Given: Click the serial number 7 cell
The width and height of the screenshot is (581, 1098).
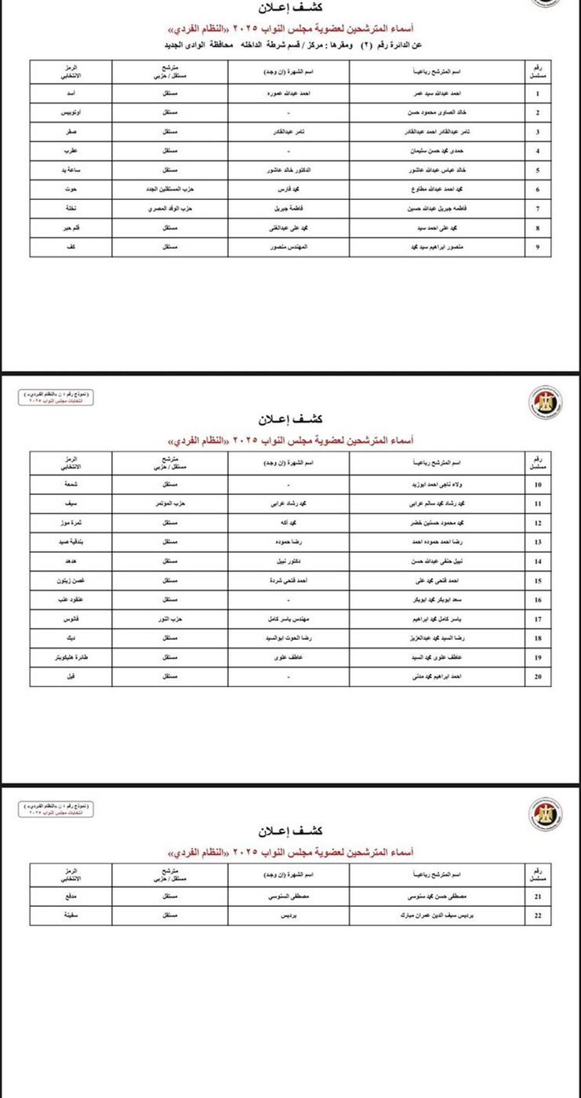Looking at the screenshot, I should click(x=537, y=209).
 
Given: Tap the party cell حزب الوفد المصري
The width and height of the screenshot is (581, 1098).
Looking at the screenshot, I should click(x=170, y=209).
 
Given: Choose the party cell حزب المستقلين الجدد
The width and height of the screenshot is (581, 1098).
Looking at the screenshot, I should click(x=170, y=190).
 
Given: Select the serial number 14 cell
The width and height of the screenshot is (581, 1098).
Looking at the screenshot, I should click(x=537, y=562).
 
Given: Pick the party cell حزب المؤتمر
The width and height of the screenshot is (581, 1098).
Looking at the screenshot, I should click(x=170, y=504).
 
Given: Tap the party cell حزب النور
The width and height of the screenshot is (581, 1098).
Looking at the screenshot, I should click(x=170, y=620).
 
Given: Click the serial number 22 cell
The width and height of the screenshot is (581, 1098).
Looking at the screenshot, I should click(x=537, y=915).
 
